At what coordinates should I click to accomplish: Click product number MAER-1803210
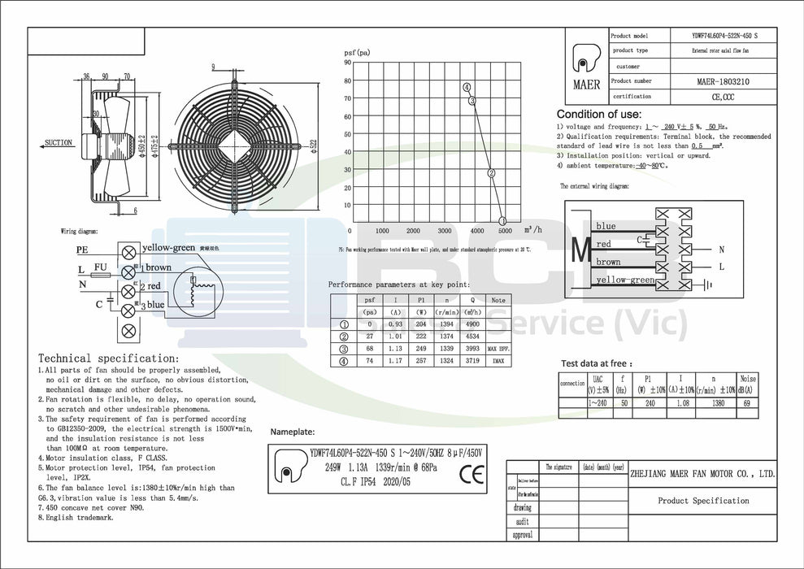(x=723, y=81)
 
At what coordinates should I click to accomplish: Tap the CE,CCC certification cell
(x=723, y=97)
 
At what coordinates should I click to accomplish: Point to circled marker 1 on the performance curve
(x=502, y=220)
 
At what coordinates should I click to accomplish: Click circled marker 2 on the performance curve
(x=491, y=173)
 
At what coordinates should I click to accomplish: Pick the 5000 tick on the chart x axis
(x=504, y=231)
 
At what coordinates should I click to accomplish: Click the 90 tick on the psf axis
(x=347, y=62)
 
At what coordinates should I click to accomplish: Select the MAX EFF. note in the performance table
(x=498, y=350)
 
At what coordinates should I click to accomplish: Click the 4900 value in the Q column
(x=472, y=324)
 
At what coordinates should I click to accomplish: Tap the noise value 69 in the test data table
(x=747, y=403)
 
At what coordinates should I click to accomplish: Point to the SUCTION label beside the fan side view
(x=58, y=143)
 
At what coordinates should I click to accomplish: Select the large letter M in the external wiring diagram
(x=580, y=251)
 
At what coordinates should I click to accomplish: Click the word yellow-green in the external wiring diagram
(x=625, y=280)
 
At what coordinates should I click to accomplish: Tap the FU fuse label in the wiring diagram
(x=101, y=266)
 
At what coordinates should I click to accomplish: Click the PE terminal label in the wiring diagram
(x=82, y=250)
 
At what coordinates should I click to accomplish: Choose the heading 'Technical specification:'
(x=108, y=358)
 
